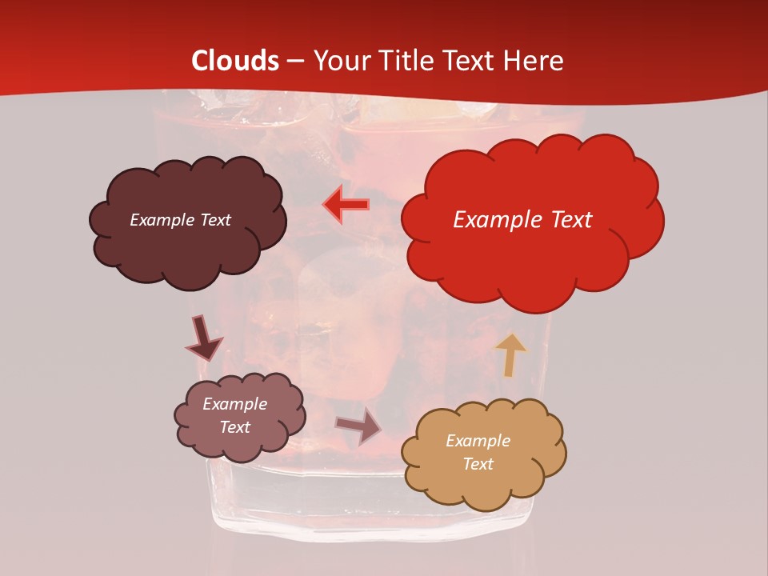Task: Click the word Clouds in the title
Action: (236, 61)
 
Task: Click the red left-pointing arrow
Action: (346, 204)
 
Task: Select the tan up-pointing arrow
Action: (510, 354)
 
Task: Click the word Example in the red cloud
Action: (491, 220)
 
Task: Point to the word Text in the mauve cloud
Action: (235, 427)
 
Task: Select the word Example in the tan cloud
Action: (478, 441)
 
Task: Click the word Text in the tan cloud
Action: (478, 464)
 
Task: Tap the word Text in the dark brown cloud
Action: (214, 220)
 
